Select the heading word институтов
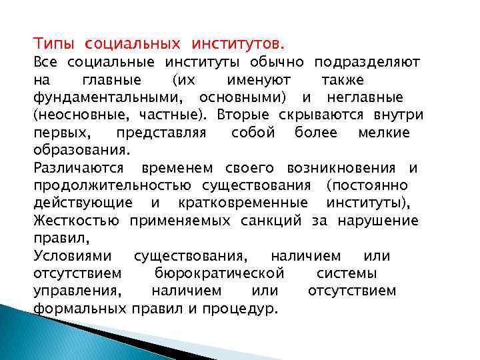click(237, 45)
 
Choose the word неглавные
click(365, 97)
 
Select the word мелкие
click(384, 132)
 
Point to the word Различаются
click(79, 167)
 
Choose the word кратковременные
click(244, 202)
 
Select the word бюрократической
click(219, 273)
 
